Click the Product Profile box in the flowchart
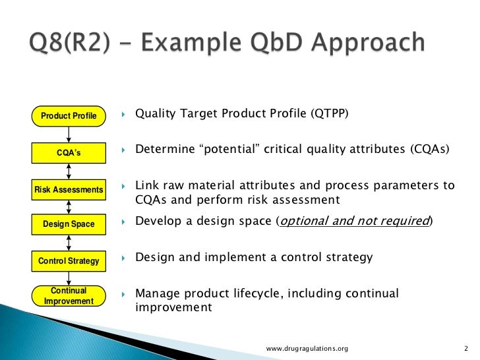coord(69,116)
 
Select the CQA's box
coord(69,153)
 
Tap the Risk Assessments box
coord(69,190)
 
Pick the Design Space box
coord(69,224)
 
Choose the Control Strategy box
coord(69,261)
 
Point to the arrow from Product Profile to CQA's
coord(69,135)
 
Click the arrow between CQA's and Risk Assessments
coord(69,171)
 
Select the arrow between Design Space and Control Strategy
coord(69,243)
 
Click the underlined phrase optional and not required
coord(355,221)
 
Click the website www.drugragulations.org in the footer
coord(307,348)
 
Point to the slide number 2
coord(465,348)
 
